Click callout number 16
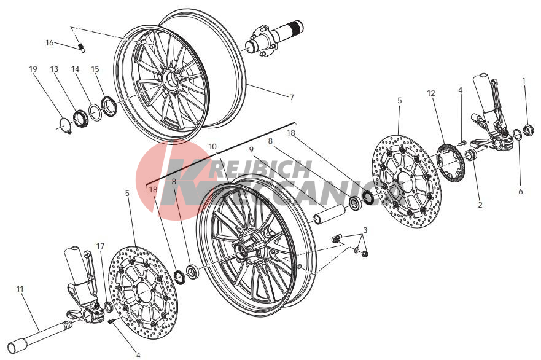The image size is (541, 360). [x=50, y=43]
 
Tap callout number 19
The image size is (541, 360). [x=33, y=69]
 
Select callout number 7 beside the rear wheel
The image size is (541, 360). [x=292, y=97]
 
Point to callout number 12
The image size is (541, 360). [x=431, y=93]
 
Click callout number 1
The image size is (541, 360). [x=523, y=80]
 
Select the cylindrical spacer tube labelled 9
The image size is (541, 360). [x=329, y=214]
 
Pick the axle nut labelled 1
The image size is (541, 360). [x=529, y=130]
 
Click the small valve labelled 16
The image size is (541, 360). [x=82, y=47]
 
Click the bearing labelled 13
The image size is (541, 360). [x=80, y=117]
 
